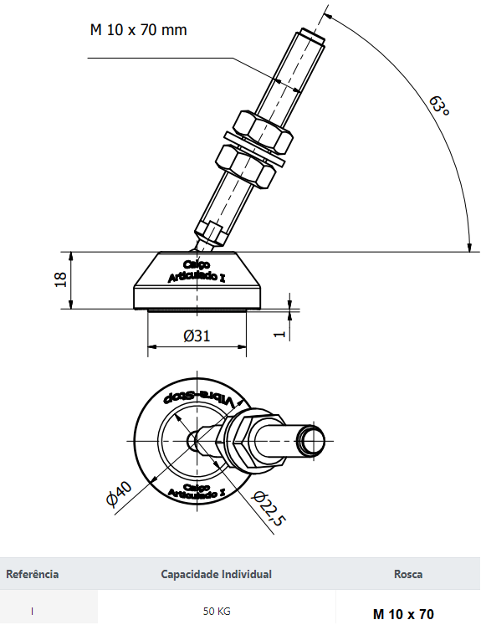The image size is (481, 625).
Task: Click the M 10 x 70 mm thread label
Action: click(x=138, y=30)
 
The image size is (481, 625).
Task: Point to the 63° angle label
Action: click(x=439, y=106)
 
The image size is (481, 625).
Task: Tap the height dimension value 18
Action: click(x=60, y=279)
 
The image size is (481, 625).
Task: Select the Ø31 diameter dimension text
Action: click(x=197, y=336)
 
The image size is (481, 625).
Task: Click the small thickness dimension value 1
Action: click(x=280, y=334)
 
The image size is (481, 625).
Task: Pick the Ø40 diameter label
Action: click(x=119, y=494)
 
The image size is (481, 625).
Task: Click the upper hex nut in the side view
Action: click(x=263, y=132)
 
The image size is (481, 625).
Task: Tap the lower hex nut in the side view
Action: click(x=245, y=166)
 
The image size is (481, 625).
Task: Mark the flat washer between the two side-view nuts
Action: click(x=254, y=149)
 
